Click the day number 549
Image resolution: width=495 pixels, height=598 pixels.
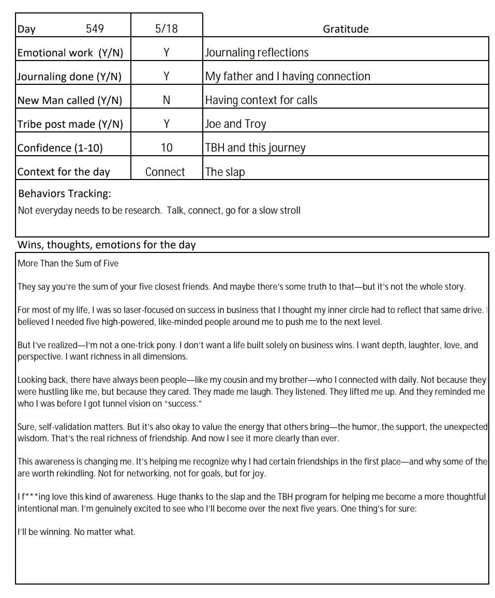pos(95,29)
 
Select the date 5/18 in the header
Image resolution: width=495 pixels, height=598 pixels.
pos(166,29)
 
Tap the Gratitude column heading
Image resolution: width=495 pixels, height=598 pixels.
pos(346,29)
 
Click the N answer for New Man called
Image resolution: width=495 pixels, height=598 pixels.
pos(166,100)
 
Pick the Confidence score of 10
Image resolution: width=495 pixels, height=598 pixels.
pos(166,148)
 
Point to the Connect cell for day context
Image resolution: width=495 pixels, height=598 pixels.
pos(165,172)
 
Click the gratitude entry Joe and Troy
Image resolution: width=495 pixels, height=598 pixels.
pos(235,124)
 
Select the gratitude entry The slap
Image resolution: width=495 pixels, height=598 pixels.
pos(224,172)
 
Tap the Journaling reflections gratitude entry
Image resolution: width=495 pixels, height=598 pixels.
pos(257,53)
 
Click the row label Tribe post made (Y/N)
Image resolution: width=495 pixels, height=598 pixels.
pos(70,124)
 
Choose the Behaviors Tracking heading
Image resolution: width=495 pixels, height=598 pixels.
pos(65,194)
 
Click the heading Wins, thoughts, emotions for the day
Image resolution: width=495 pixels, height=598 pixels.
pos(107,245)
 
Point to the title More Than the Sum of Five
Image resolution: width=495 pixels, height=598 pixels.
pos(68,263)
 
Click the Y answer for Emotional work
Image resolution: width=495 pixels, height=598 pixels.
pos(166,53)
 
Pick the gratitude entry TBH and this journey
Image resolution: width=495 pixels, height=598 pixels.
pos(255,148)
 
